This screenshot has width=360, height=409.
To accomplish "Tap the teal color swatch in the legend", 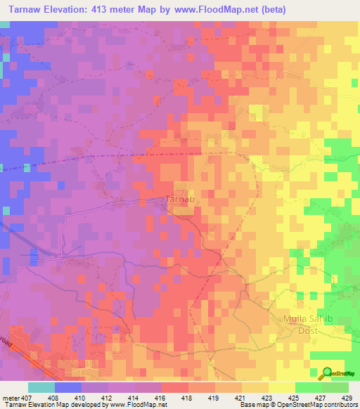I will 41,387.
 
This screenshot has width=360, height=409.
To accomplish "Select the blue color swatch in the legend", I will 68,387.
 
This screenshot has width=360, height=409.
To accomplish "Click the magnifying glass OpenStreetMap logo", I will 328,373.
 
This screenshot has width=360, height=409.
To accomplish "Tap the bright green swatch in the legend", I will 309,387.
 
